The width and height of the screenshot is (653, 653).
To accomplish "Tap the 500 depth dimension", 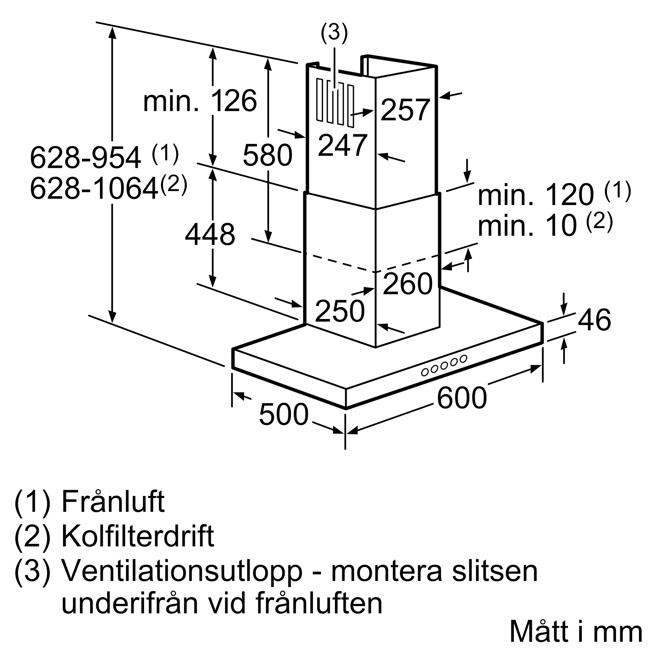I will click(284, 414).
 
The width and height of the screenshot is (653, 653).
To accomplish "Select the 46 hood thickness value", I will click(594, 320).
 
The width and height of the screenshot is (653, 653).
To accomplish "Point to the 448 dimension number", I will click(210, 234).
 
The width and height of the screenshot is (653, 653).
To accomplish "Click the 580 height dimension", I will click(267, 155).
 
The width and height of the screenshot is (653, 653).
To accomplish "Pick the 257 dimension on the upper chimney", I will click(405, 110).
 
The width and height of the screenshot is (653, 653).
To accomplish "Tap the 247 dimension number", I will click(342, 145).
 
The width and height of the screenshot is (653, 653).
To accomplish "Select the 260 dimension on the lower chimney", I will click(407, 284).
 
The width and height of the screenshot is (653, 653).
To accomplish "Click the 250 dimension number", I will click(340, 311).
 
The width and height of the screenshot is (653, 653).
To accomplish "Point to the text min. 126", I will click(200, 101).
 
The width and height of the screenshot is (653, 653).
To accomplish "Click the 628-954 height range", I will click(85, 157).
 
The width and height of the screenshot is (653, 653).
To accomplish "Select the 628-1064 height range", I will click(94, 189).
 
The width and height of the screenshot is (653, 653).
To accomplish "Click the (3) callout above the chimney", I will click(334, 33).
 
